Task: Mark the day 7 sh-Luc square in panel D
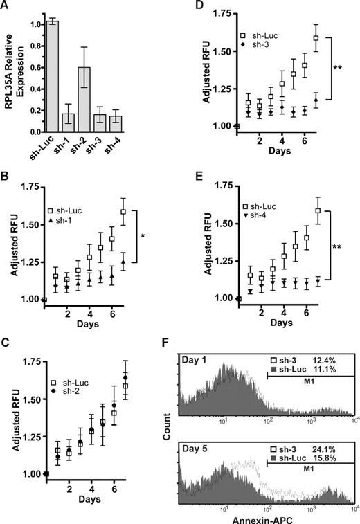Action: click(x=316, y=38)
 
